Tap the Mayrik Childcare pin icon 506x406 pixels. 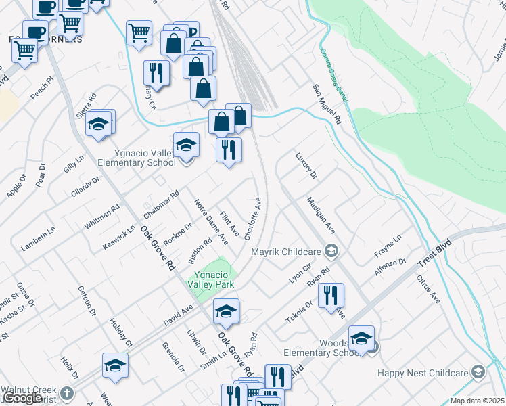(331, 252)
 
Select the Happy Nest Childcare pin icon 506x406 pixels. (478, 371)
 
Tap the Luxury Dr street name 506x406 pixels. (306, 165)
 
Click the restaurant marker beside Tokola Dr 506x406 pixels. (331, 296)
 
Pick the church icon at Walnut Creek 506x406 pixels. (66, 393)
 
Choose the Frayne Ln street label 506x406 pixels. (388, 245)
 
